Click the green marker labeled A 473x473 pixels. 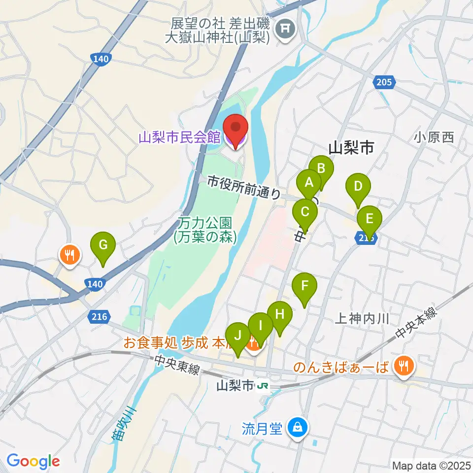[x=309, y=183]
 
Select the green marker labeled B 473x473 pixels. [x=321, y=169]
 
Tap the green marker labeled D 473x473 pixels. [x=358, y=187]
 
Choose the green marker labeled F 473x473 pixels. [x=304, y=285]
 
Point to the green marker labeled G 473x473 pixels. [x=103, y=244]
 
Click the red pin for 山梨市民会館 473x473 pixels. [x=236, y=129]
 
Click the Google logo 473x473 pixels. [x=33, y=461]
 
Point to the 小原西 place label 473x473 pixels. [x=434, y=137]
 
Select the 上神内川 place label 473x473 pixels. [x=362, y=319]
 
